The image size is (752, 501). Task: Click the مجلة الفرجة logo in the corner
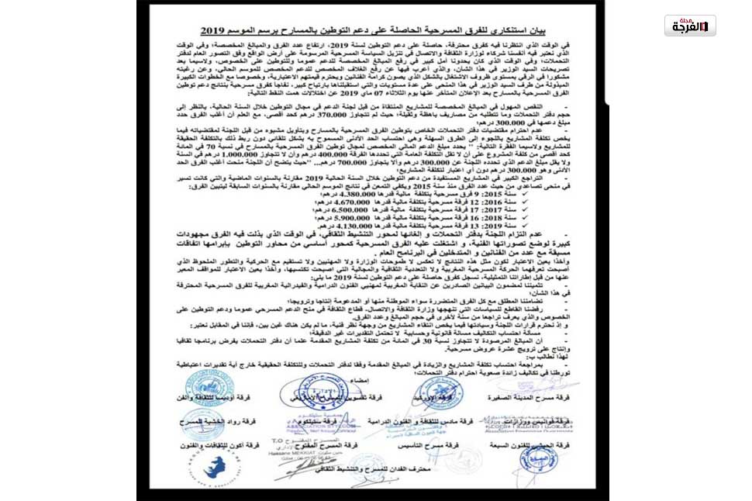(690, 26)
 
